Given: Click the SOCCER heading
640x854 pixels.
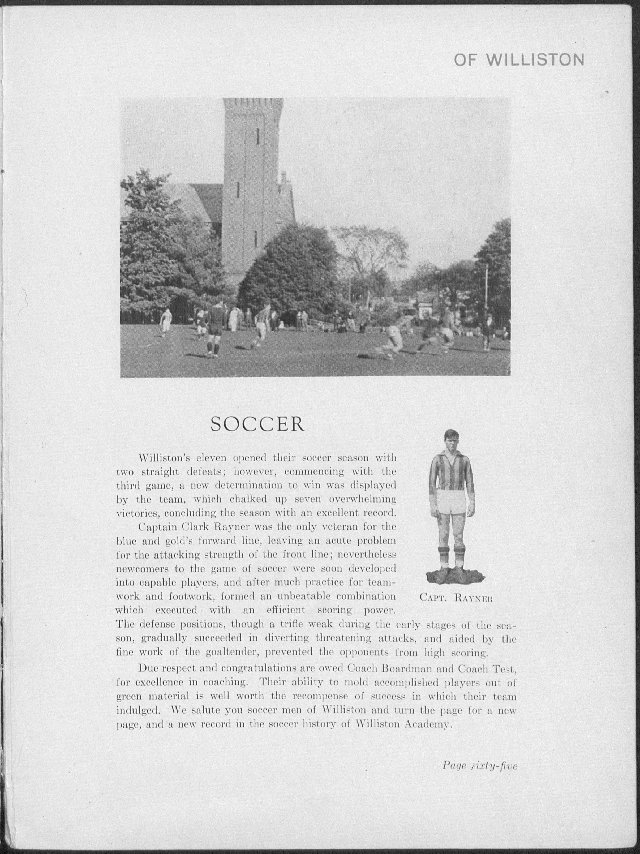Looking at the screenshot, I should pyautogui.click(x=257, y=424).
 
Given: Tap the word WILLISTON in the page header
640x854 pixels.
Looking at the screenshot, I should pyautogui.click(x=535, y=60).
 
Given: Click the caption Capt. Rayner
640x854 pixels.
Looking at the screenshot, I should pyautogui.click(x=456, y=610).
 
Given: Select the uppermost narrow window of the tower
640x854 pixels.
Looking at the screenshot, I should pyautogui.click(x=258, y=136).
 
